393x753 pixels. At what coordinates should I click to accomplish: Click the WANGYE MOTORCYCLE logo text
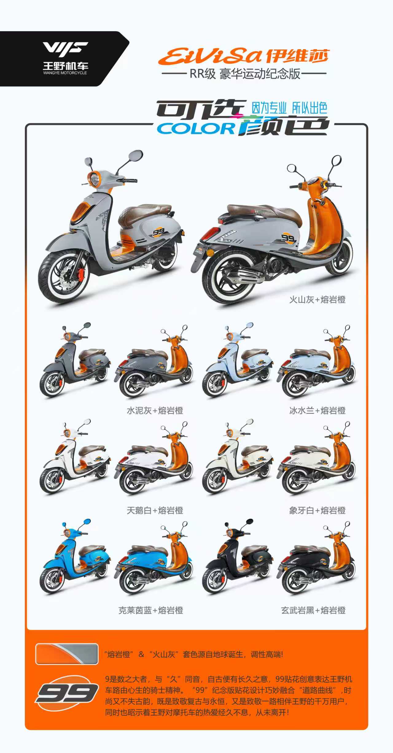[65, 73]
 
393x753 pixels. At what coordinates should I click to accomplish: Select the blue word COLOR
[196, 129]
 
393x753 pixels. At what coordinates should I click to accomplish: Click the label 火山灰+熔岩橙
[317, 300]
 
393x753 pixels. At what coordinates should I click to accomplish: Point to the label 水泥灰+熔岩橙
[155, 410]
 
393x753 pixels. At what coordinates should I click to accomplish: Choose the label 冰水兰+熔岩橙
[317, 410]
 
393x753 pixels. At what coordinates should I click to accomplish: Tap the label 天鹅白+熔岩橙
[155, 510]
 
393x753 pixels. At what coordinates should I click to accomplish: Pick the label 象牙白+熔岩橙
[317, 510]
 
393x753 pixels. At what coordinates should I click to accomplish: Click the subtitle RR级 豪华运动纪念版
[245, 74]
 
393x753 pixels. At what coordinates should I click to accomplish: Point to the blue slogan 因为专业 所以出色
[290, 108]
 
